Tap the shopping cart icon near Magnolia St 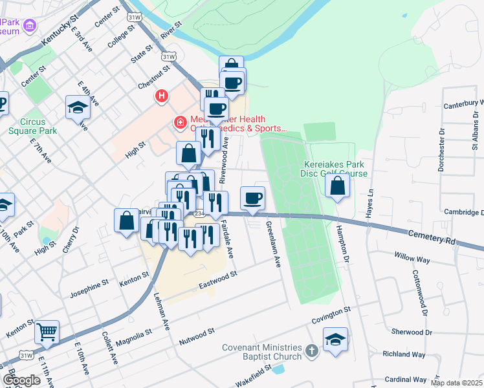click(47, 332)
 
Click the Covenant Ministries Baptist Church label click(262, 352)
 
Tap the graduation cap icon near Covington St click(335, 339)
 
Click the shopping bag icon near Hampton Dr click(338, 186)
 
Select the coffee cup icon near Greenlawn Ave click(252, 197)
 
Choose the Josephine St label click(91, 285)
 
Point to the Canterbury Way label click(463, 103)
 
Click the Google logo click(21, 380)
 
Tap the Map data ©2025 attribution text click(456, 383)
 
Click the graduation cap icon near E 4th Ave click(78, 107)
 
